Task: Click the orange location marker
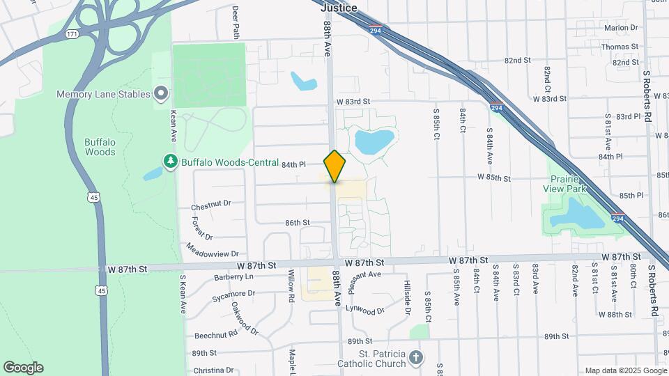(x=334, y=166)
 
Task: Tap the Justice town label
(x=339, y=8)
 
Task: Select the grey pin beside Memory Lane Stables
(x=162, y=93)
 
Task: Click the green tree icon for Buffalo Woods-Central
(x=170, y=162)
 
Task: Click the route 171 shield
(x=71, y=33)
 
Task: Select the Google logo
(x=23, y=368)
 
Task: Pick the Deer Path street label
(x=236, y=22)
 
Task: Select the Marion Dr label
(x=621, y=28)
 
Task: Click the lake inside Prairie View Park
(x=577, y=216)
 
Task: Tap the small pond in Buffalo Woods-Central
(x=153, y=174)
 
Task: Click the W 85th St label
(x=494, y=178)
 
